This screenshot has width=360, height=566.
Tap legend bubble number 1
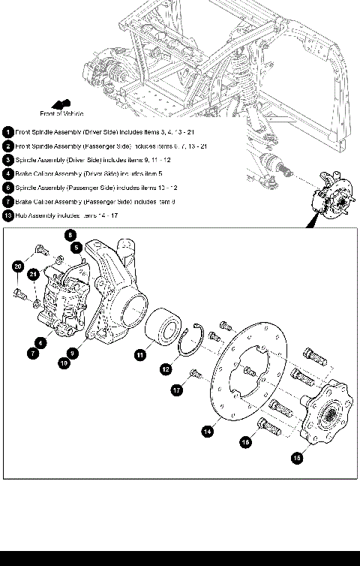tap(7, 131)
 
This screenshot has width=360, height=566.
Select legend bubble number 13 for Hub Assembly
tap(7, 215)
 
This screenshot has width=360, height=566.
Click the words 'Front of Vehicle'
tap(61, 114)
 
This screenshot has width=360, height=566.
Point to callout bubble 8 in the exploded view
tap(70, 235)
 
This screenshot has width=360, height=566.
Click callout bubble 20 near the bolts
tap(18, 266)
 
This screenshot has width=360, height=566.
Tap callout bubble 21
tap(34, 275)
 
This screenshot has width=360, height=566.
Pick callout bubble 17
tap(177, 390)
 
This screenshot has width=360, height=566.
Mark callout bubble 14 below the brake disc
tap(208, 431)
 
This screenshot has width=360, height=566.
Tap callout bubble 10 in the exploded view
tap(64, 362)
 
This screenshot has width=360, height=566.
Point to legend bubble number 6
tap(7, 187)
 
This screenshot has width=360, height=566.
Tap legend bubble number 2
tap(7, 146)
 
